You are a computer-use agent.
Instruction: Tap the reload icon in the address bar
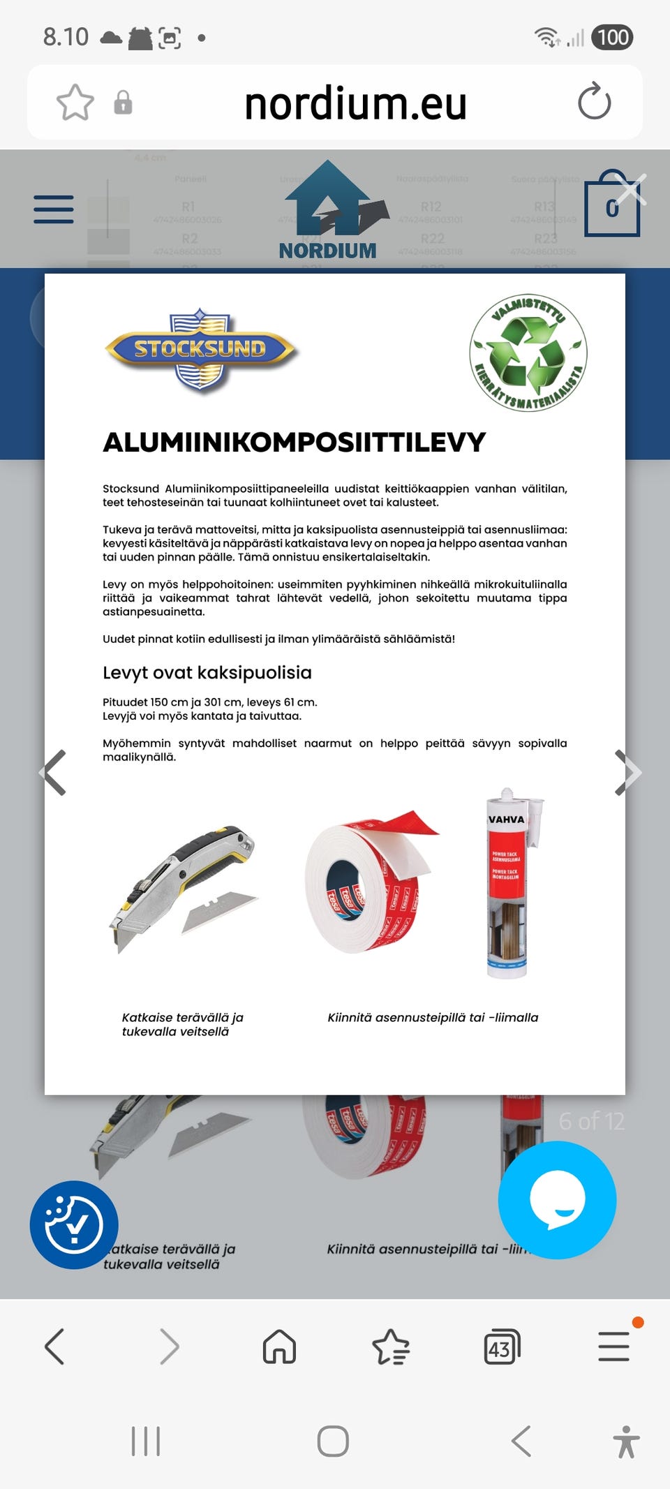click(594, 102)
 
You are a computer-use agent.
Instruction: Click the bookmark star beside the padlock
click(75, 103)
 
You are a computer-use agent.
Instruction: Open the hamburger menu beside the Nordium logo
click(54, 209)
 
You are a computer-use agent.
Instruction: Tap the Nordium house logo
click(328, 210)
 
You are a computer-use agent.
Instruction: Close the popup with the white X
click(631, 189)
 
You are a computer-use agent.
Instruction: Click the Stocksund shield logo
click(201, 349)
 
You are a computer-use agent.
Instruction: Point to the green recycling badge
click(528, 353)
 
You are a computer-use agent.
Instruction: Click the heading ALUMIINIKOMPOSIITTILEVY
click(294, 443)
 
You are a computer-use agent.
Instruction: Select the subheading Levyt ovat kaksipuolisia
click(207, 672)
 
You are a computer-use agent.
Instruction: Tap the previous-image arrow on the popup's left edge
click(54, 772)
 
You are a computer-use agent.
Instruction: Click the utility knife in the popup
click(184, 887)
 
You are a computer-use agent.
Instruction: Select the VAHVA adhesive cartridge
click(509, 883)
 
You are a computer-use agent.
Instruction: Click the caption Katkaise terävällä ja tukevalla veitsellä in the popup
click(182, 1024)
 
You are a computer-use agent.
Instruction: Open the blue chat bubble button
click(557, 1199)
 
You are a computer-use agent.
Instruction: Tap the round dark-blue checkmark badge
click(74, 1224)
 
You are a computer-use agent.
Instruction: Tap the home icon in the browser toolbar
click(279, 1346)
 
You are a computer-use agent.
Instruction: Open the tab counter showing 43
click(502, 1347)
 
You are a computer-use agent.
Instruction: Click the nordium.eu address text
click(355, 103)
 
